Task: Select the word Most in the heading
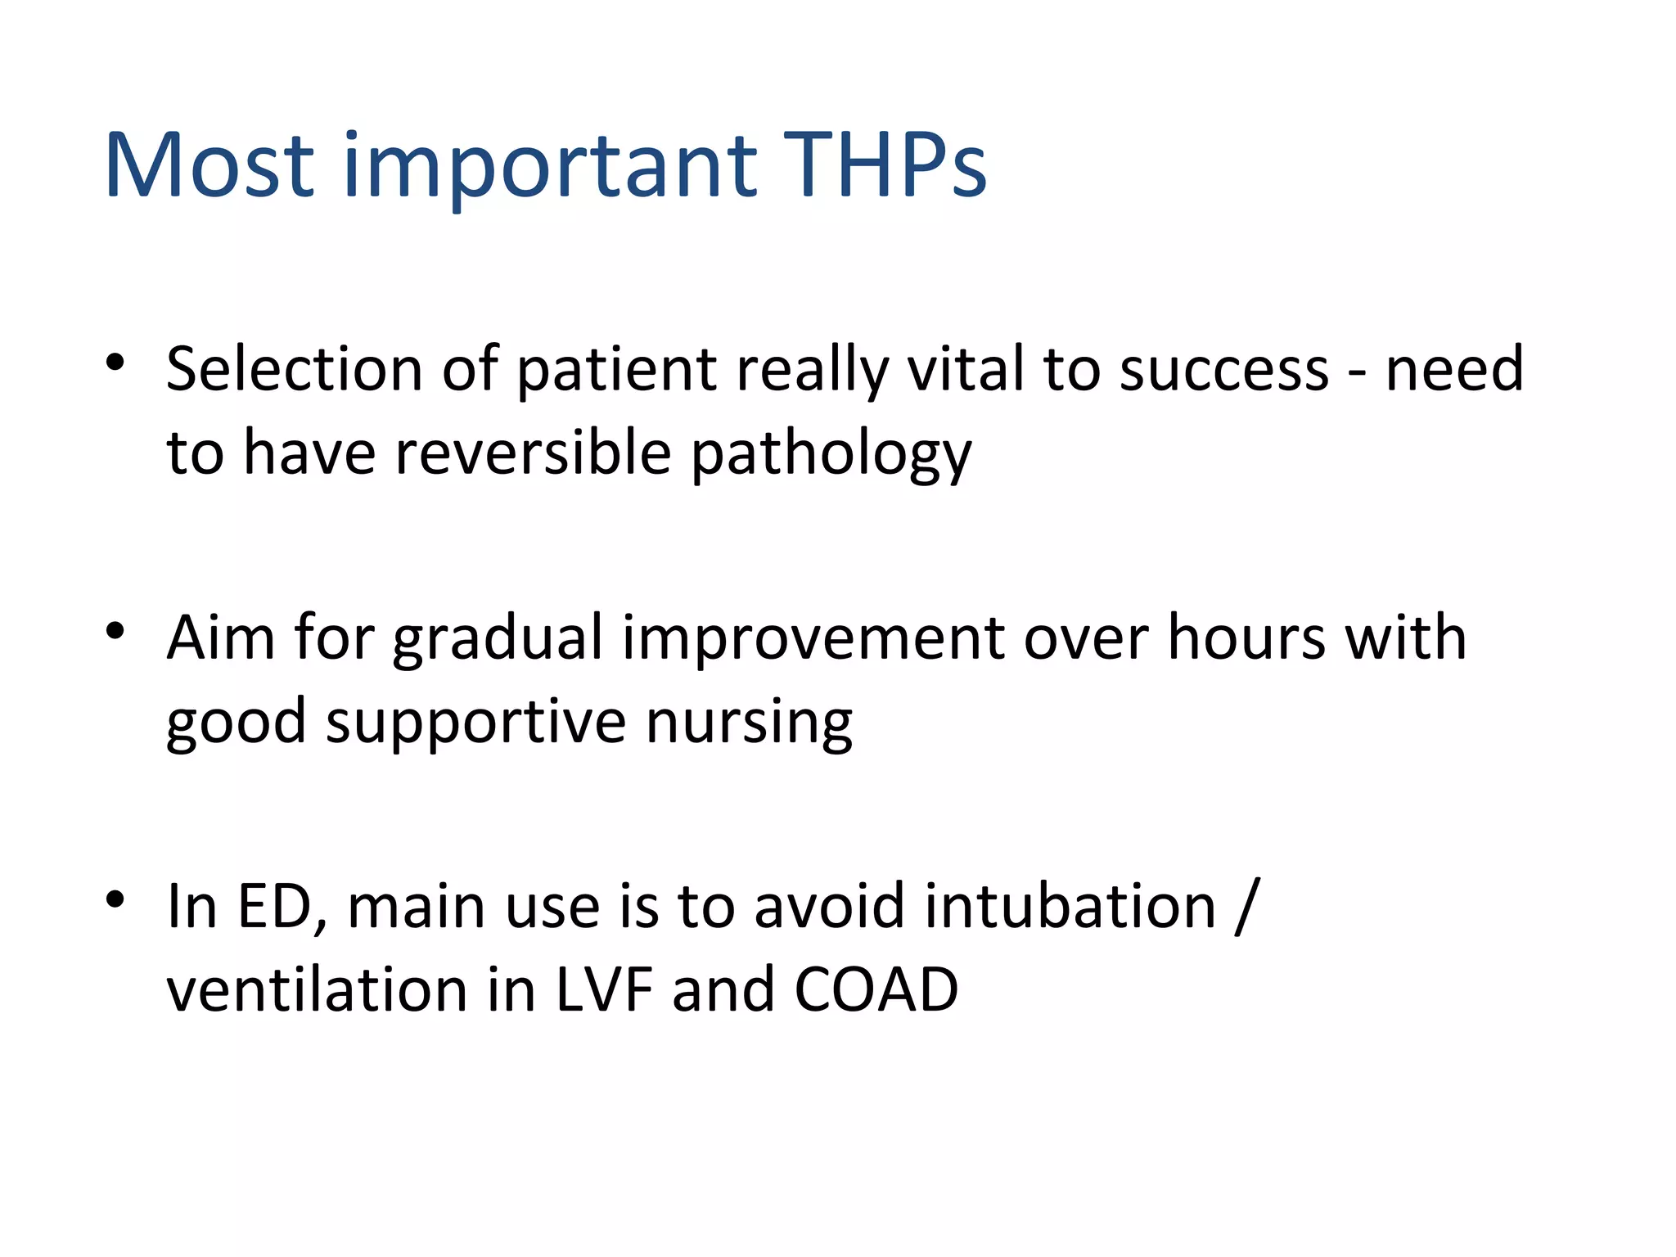(x=209, y=165)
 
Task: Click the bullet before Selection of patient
(x=115, y=362)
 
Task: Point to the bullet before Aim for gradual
(x=115, y=630)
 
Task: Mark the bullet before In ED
(x=115, y=899)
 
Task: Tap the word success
(x=1223, y=370)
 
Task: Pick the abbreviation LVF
(x=604, y=990)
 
